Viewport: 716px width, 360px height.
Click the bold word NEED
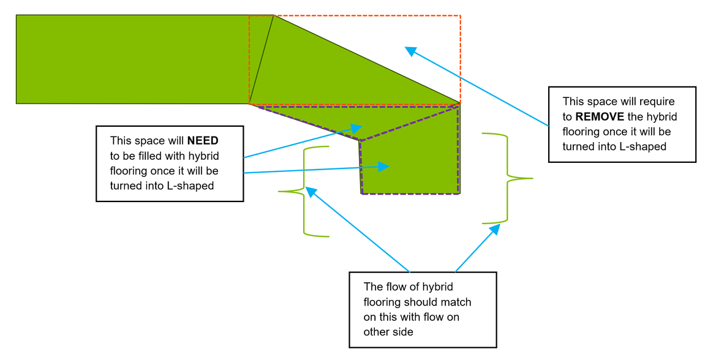203,141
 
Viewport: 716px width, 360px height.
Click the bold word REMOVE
600,116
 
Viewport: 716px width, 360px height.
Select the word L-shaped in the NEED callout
190,186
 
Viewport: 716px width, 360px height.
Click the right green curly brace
507,178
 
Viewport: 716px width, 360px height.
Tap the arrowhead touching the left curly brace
311,192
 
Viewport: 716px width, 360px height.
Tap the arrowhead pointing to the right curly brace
496,229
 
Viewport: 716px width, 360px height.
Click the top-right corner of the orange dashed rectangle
460,15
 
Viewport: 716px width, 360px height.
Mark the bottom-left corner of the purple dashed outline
362,193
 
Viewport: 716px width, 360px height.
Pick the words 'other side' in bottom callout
388,332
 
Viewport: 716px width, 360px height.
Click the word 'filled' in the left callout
164,156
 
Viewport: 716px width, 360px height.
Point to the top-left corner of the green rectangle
17,15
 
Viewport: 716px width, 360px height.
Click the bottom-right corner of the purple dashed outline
459,193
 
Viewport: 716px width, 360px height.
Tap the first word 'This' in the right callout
573,101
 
